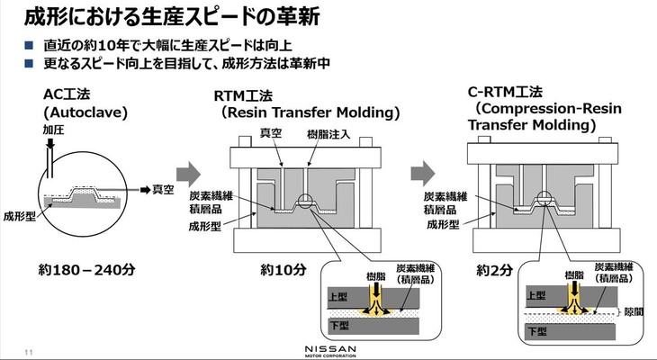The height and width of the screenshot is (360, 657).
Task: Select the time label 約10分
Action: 283,269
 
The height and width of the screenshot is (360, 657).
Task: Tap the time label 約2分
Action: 495,269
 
